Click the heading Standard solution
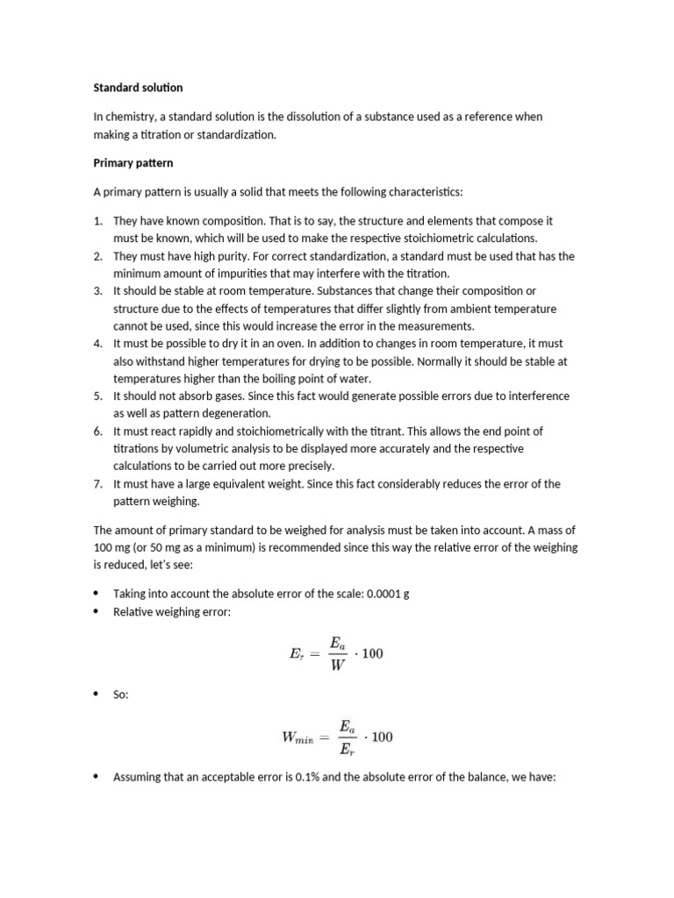(138, 88)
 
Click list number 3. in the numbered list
(98, 290)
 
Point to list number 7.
(98, 483)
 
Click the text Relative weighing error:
(172, 611)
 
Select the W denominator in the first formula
(338, 666)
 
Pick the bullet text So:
(121, 695)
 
